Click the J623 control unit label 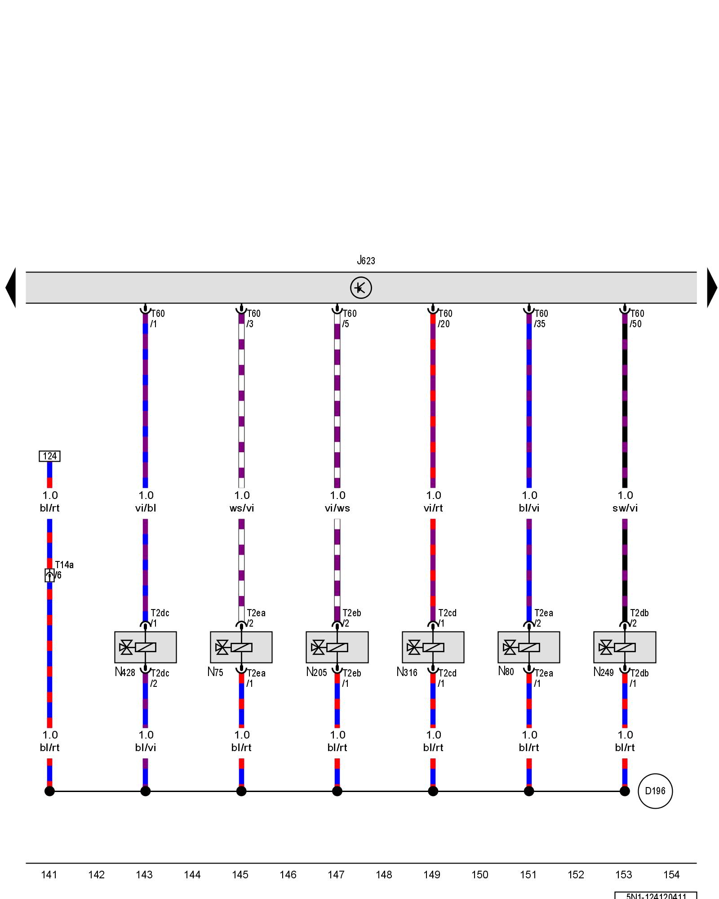[x=366, y=261]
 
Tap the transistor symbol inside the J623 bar [x=361, y=288]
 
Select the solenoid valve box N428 [x=145, y=647]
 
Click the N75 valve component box [x=241, y=647]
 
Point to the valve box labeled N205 [x=337, y=647]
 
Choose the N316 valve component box [x=433, y=647]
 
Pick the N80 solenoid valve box [x=528, y=647]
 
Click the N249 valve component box [x=625, y=647]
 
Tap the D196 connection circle [x=655, y=791]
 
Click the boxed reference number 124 [x=49, y=456]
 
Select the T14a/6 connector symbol [x=49, y=575]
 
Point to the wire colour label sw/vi [x=625, y=508]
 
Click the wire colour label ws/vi [x=241, y=508]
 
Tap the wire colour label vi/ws [x=337, y=508]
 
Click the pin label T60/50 [x=636, y=319]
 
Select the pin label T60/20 [x=445, y=319]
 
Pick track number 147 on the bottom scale [x=336, y=875]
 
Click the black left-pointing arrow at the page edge [x=11, y=288]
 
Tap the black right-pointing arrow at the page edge [x=712, y=288]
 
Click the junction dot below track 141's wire [x=49, y=791]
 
